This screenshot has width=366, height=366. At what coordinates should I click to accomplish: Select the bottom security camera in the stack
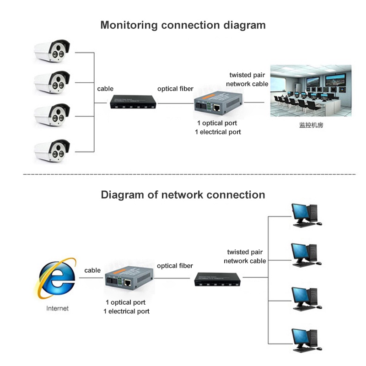click(x=53, y=150)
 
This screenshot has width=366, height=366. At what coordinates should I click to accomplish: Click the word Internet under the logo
click(x=57, y=308)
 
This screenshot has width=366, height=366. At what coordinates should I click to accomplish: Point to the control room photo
click(x=311, y=91)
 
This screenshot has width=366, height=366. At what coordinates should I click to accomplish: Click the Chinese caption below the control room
click(x=311, y=124)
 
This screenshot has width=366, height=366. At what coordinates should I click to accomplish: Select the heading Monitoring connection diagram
click(x=183, y=25)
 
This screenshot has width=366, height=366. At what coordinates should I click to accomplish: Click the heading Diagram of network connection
click(x=183, y=195)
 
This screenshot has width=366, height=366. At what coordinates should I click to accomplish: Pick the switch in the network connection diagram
click(x=218, y=279)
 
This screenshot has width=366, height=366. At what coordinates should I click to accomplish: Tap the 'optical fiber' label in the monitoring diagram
click(x=175, y=88)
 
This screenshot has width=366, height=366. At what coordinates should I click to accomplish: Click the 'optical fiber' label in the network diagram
click(x=175, y=265)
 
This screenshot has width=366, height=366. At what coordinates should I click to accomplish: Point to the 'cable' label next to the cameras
click(x=105, y=88)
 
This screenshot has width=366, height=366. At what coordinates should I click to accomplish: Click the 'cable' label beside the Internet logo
click(x=92, y=270)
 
